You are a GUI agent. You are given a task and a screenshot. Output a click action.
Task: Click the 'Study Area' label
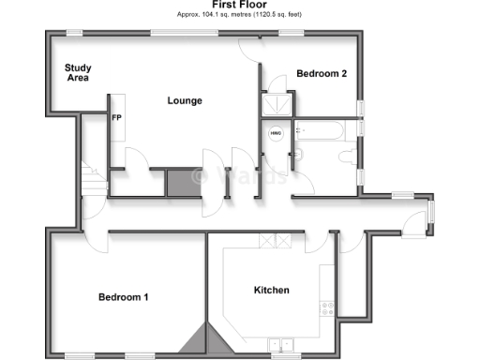coord(77,72)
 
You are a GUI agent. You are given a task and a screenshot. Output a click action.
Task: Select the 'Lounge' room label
coord(185,100)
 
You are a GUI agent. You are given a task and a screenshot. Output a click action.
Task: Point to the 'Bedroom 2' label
coord(322,73)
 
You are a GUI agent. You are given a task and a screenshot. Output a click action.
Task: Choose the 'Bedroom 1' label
coord(124,297)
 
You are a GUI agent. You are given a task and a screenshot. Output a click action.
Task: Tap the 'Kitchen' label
coord(272,290)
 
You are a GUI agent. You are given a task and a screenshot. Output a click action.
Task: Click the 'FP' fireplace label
coord(117,119)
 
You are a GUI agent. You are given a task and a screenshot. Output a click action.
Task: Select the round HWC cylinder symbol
coord(276,133)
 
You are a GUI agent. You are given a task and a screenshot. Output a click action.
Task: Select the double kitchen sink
coord(278,343)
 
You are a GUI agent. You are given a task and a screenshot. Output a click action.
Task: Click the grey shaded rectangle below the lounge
coord(182,182)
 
